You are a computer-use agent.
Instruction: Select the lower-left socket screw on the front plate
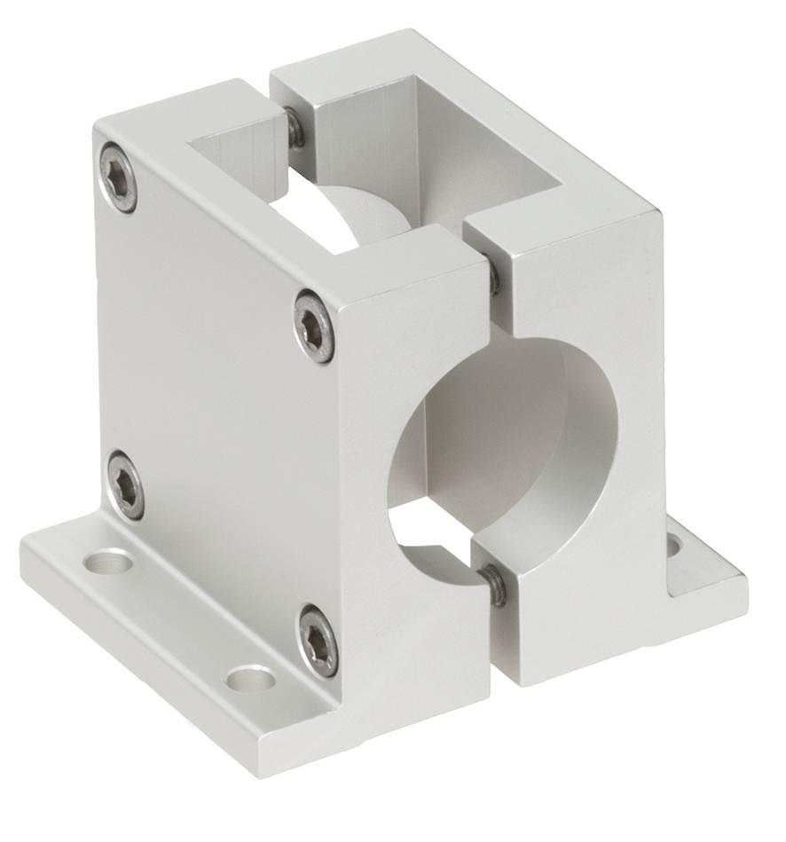pyautogui.click(x=127, y=484)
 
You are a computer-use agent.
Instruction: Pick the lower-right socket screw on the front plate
pyautogui.click(x=318, y=639)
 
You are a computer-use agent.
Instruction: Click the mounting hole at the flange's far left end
pyautogui.click(x=112, y=562)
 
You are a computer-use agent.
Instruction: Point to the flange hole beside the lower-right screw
pyautogui.click(x=250, y=680)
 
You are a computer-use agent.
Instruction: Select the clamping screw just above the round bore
pyautogui.click(x=493, y=278)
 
